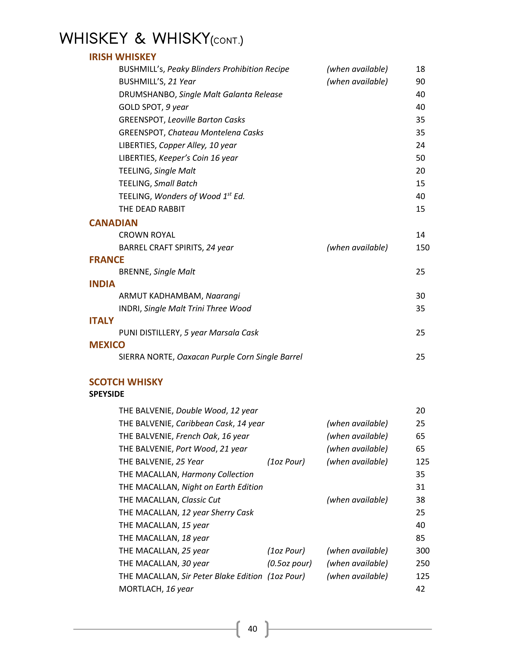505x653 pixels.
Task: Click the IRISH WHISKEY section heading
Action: pyautogui.click(x=122, y=57)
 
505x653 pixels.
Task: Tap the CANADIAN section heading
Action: pyautogui.click(x=113, y=223)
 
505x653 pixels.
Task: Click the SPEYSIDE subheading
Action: pyautogui.click(x=107, y=394)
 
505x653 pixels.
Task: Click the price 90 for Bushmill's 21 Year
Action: pyautogui.click(x=420, y=82)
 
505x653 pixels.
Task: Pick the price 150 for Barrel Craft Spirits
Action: pyautogui.click(x=422, y=248)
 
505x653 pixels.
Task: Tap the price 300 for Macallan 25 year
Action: pyautogui.click(x=422, y=551)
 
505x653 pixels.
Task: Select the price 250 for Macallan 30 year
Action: pyautogui.click(x=422, y=563)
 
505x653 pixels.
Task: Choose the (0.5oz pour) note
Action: pyautogui.click(x=289, y=563)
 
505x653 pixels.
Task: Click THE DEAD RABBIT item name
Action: pyautogui.click(x=152, y=209)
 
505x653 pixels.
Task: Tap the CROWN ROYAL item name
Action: pyautogui.click(x=147, y=235)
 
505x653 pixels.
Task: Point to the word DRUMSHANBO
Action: pyautogui.click(x=147, y=94)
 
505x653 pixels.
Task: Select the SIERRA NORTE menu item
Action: pyautogui.click(x=210, y=357)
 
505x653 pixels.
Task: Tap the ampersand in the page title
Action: pyautogui.click(x=140, y=39)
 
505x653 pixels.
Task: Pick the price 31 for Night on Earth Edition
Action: pyautogui.click(x=420, y=487)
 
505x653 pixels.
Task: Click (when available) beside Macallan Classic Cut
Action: pyautogui.click(x=357, y=500)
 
